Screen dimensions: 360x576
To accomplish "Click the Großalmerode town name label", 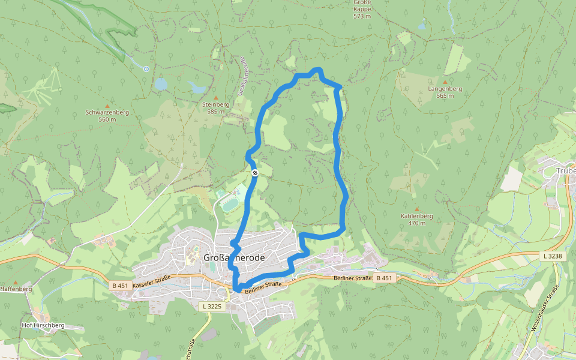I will coord(235,257).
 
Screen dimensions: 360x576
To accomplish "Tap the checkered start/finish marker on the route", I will coord(255,173).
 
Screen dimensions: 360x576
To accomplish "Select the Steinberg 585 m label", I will coord(216,107).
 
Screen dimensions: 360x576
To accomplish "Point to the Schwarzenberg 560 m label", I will coord(107,115).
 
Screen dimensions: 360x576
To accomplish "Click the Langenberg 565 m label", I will coord(445,92).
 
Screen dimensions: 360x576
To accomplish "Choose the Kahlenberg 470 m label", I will coord(416,219).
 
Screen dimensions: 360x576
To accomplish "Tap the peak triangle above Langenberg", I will coord(445,82).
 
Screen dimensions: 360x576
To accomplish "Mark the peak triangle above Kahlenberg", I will coord(416,209).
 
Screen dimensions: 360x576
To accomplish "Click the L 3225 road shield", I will coord(212,307).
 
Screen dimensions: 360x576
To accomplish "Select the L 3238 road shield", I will coord(553,256).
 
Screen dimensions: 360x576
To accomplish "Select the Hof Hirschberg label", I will coord(43,325).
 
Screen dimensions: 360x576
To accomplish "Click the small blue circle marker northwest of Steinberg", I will coord(146,69).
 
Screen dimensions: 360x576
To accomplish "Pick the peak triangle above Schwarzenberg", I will coord(107,106).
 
